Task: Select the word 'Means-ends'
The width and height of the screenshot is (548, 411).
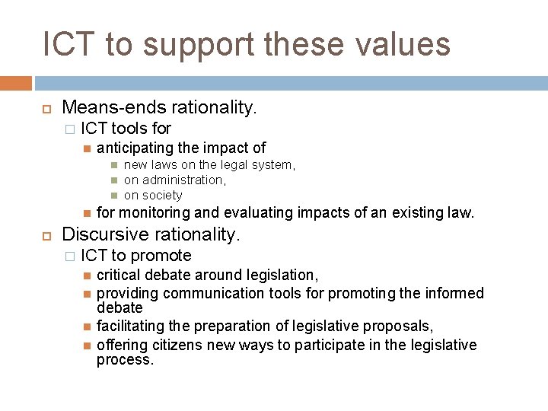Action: [x=114, y=109]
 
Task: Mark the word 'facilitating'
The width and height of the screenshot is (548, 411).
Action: [x=129, y=326]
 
